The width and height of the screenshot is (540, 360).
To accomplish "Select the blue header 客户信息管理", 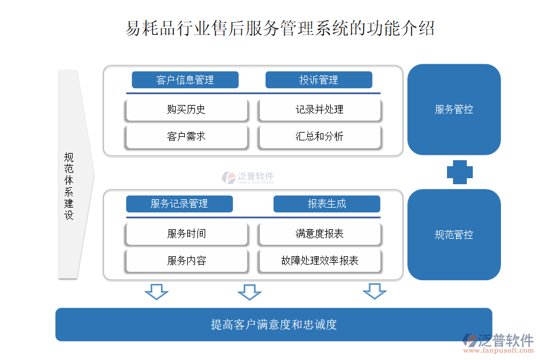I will (185, 80).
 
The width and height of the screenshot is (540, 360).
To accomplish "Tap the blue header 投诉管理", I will (319, 80).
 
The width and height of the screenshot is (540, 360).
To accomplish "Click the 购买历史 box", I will (187, 110).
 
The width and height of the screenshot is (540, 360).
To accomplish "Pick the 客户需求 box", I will (187, 137).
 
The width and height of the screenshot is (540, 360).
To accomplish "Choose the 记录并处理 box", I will (320, 110).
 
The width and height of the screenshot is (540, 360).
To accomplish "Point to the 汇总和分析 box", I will (320, 137).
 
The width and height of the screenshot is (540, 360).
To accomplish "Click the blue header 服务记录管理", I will (179, 204).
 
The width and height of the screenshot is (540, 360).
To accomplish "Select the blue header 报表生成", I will (327, 204).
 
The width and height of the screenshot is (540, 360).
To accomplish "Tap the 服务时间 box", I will (187, 234).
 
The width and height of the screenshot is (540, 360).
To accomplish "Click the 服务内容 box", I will (187, 261).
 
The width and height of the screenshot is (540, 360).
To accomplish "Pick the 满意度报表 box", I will (320, 234).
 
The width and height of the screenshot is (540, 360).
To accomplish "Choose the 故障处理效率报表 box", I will (320, 261).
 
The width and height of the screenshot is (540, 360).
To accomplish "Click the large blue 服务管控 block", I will (454, 110).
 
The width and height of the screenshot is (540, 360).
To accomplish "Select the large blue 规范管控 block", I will (454, 235).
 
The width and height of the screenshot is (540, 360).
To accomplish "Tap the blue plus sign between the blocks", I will (460, 173).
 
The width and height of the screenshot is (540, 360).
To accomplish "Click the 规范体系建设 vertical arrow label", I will (69, 186).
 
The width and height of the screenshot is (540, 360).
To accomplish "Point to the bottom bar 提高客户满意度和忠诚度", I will (274, 325).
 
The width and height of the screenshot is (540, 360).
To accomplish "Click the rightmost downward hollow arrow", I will (374, 292).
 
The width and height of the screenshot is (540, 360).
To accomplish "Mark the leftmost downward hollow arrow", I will (157, 292).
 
